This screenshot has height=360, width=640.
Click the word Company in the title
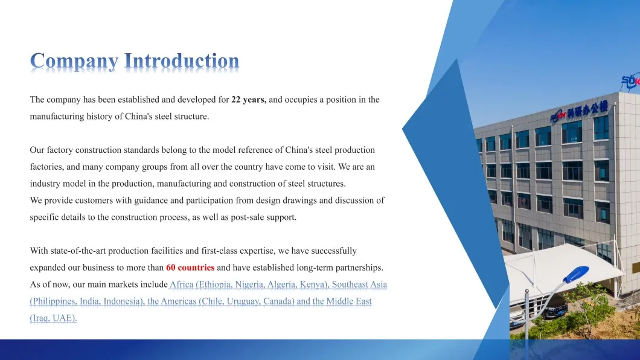tap(74, 61)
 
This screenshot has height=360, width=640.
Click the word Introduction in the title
tap(182, 60)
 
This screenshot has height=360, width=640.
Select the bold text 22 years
tap(249, 100)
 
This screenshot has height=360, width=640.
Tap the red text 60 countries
tap(190, 268)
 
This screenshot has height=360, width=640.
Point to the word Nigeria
tap(249, 284)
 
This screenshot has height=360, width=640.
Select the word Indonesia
tap(123, 301)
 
